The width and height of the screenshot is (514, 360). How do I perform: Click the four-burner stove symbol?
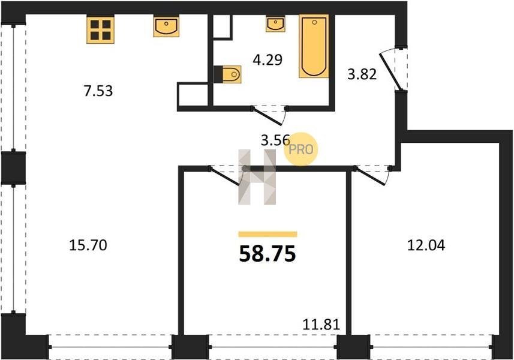click(x=100, y=30)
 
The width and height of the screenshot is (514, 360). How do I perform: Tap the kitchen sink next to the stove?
click(x=166, y=26)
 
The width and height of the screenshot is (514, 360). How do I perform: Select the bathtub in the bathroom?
click(x=314, y=46)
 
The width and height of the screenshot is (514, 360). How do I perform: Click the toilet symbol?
click(x=227, y=74)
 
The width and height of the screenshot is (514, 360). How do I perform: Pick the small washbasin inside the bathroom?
click(x=275, y=24)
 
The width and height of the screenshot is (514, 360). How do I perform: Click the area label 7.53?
click(x=98, y=91)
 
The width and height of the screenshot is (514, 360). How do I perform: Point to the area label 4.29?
click(x=268, y=60)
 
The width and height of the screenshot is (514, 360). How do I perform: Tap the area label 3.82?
click(x=362, y=74)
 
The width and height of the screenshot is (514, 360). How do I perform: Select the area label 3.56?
click(x=275, y=140)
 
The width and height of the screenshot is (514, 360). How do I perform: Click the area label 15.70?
click(x=88, y=245)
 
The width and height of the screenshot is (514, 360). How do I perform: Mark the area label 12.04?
click(x=426, y=245)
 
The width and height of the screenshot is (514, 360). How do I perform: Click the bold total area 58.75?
click(x=267, y=254)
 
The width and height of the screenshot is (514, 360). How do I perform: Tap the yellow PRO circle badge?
click(x=301, y=149)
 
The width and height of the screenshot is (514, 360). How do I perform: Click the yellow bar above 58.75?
click(x=268, y=234)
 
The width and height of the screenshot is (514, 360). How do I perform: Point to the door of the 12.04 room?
click(x=370, y=177)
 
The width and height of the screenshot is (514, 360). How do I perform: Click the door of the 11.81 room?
click(x=224, y=178)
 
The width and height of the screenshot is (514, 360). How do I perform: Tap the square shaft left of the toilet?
click(x=193, y=95)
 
